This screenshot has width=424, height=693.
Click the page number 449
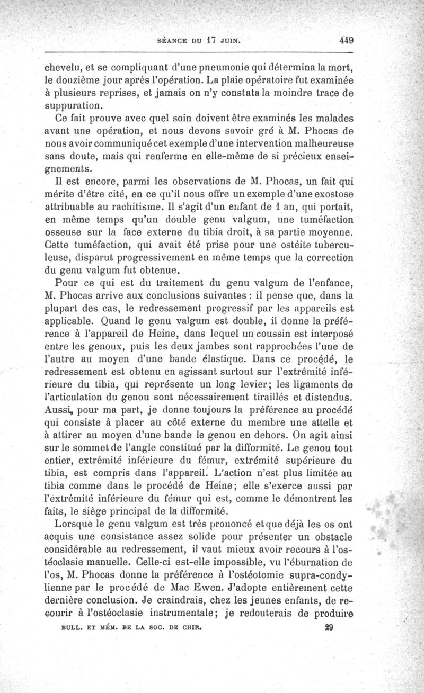(x=346, y=40)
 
